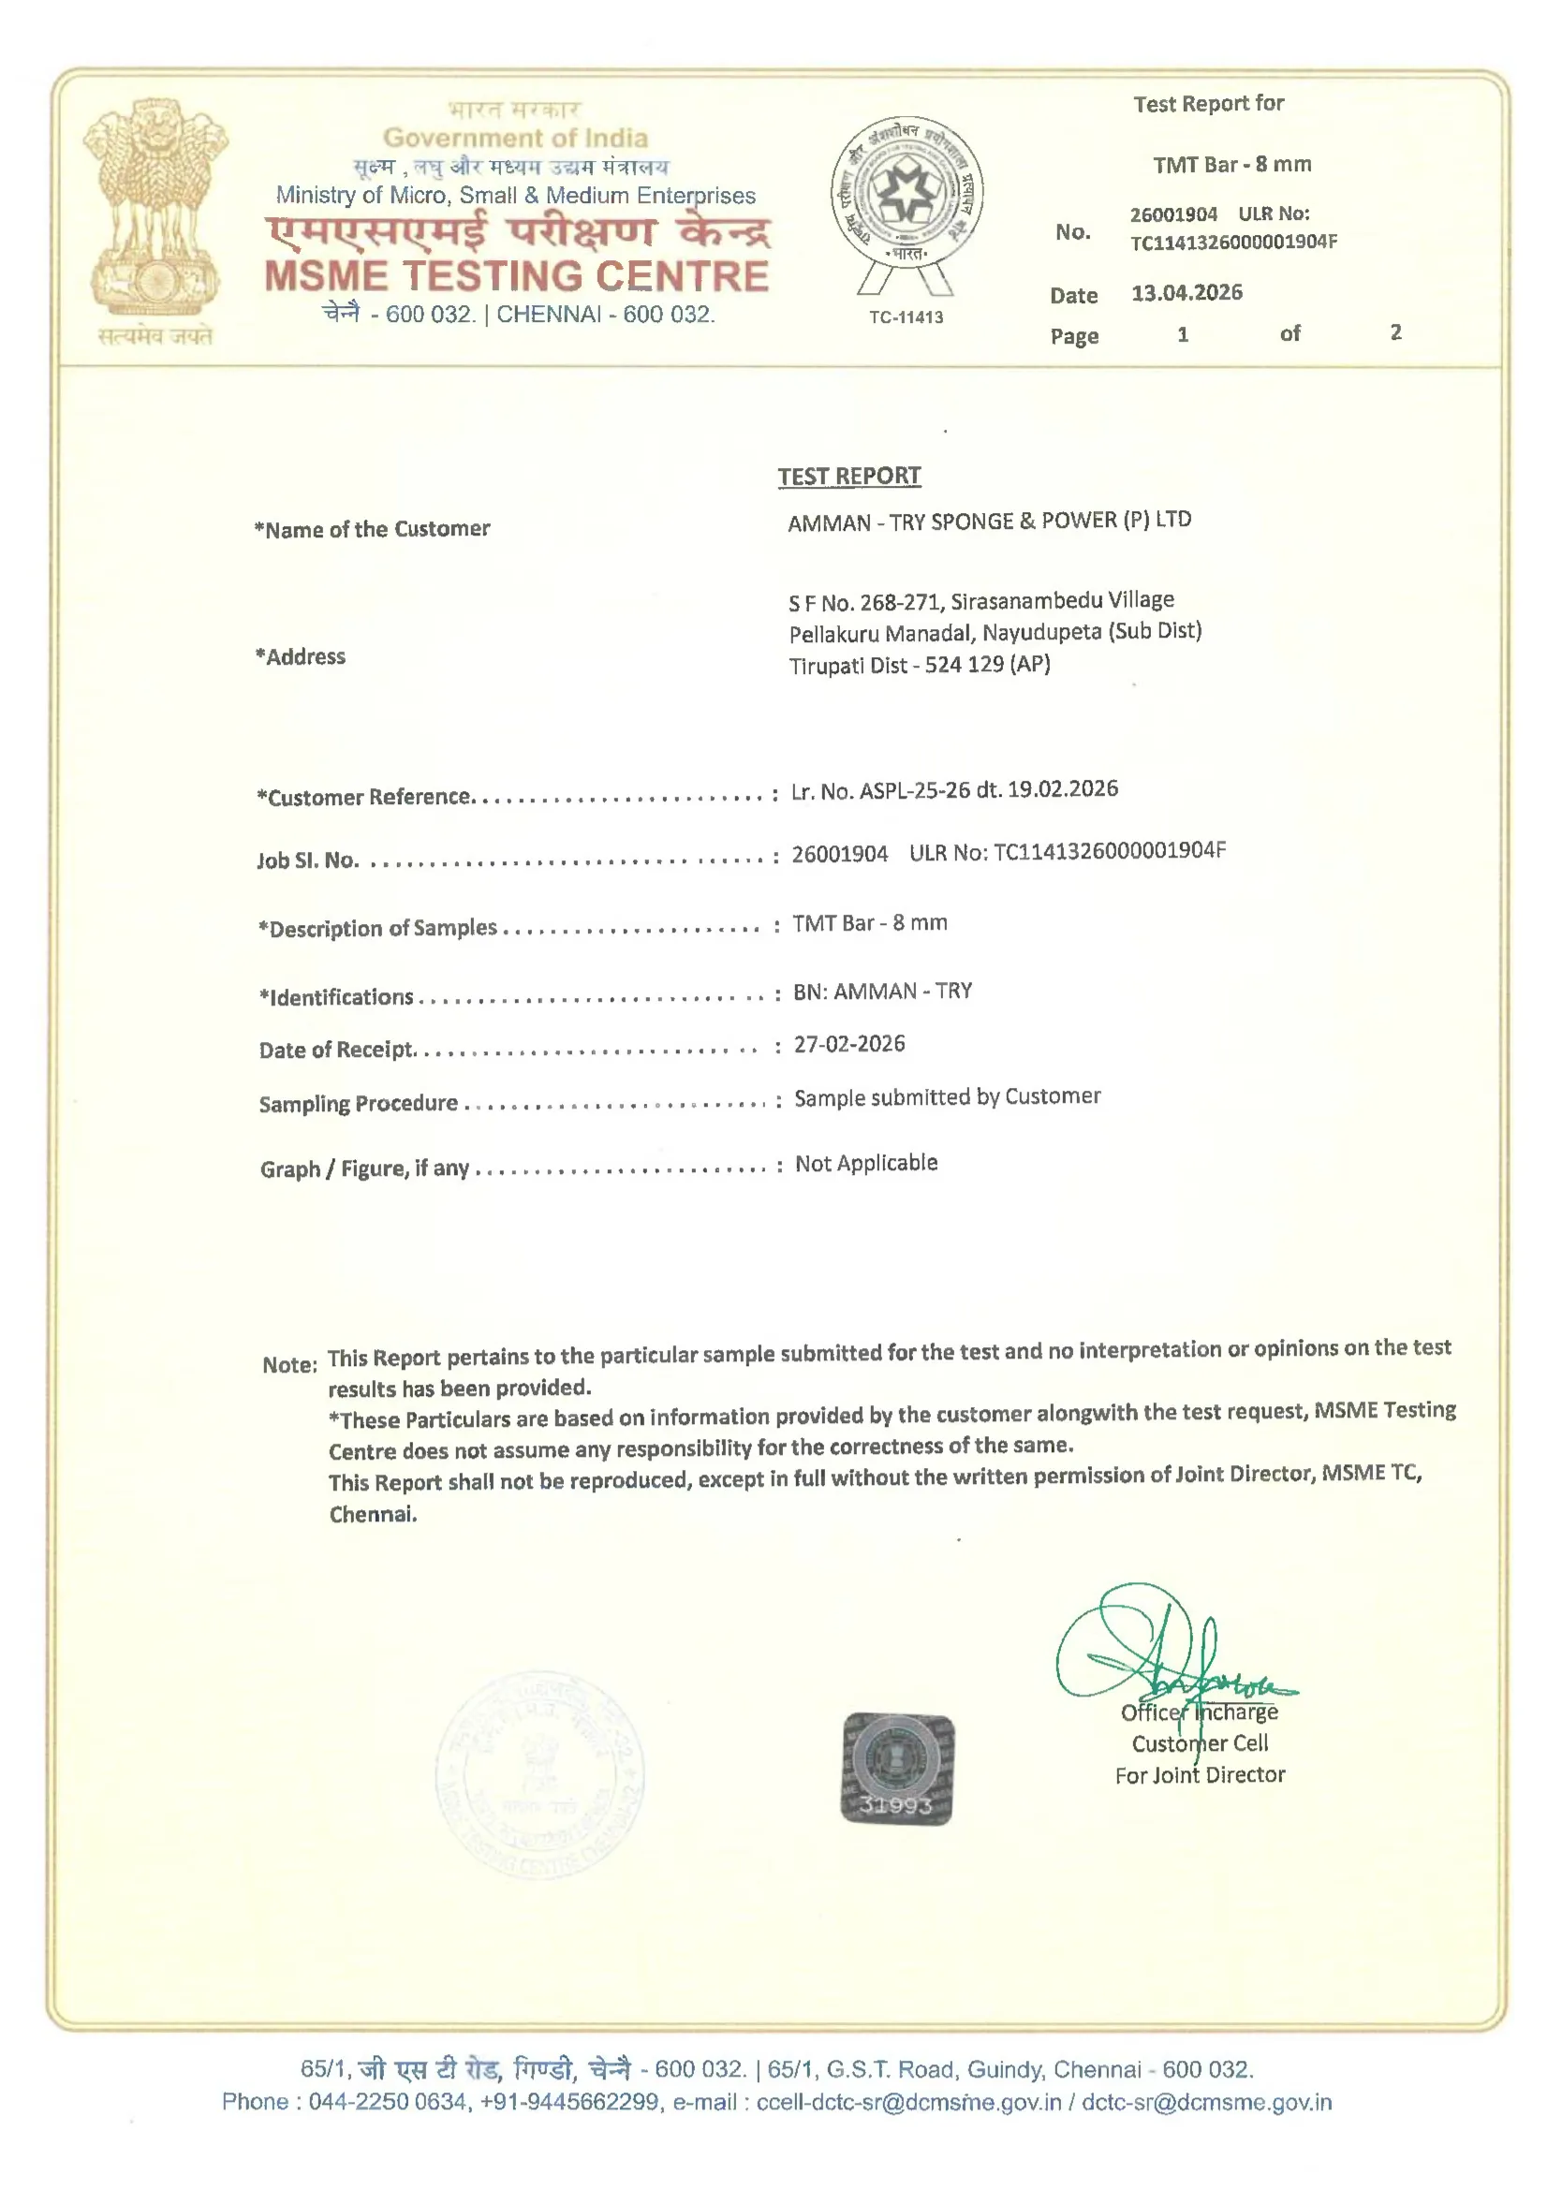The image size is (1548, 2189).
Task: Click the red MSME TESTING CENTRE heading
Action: (x=516, y=276)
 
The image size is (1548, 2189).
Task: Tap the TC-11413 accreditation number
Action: (x=906, y=317)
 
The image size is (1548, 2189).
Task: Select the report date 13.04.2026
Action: (x=1187, y=293)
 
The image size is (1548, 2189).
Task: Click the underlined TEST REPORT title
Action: (x=848, y=476)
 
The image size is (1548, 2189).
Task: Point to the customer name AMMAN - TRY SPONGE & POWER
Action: (x=989, y=522)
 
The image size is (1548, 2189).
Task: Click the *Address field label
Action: (x=301, y=657)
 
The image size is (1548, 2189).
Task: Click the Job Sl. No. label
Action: (x=307, y=859)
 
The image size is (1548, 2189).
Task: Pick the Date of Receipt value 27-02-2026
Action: (x=848, y=1044)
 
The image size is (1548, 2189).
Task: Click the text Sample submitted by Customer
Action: (x=947, y=1097)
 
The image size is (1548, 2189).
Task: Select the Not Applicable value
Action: (x=866, y=1163)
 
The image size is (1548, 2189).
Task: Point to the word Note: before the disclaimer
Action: (x=290, y=1364)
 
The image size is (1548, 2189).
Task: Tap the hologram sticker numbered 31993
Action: (x=896, y=1768)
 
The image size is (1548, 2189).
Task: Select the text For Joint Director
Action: (x=1200, y=1775)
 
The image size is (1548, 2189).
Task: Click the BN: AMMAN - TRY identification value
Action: (x=882, y=992)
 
